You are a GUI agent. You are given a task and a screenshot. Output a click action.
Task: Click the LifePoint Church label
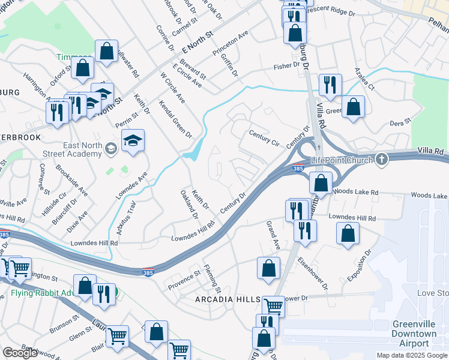[x=340, y=160]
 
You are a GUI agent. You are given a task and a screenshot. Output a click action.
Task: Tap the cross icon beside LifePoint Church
[x=379, y=159]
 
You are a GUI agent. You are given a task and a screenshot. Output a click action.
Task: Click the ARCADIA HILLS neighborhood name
[x=227, y=299]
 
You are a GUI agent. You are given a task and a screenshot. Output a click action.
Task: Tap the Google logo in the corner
[x=20, y=353]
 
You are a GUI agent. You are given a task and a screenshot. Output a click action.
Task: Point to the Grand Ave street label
[x=273, y=235]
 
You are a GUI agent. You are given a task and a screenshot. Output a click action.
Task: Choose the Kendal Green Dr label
[x=175, y=118]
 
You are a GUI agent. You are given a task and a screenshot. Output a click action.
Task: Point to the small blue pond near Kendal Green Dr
[x=191, y=155]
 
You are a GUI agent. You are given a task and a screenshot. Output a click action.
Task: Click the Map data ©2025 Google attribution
[x=412, y=355]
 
